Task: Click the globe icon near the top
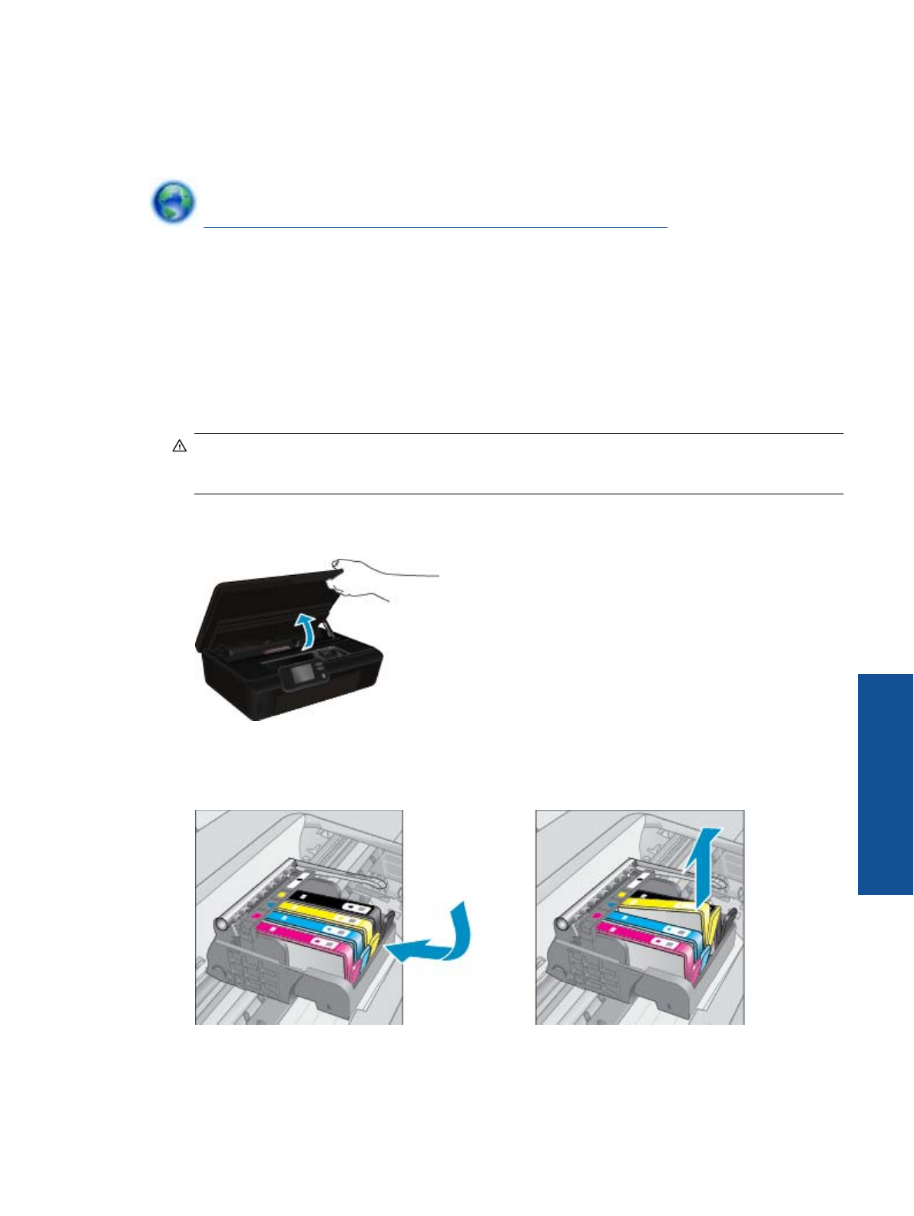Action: tap(173, 202)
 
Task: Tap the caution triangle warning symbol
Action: tap(180, 446)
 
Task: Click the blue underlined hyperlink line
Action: tap(435, 227)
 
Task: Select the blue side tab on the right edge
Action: tap(885, 784)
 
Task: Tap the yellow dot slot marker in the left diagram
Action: tap(281, 895)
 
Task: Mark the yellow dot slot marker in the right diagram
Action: tap(621, 895)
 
